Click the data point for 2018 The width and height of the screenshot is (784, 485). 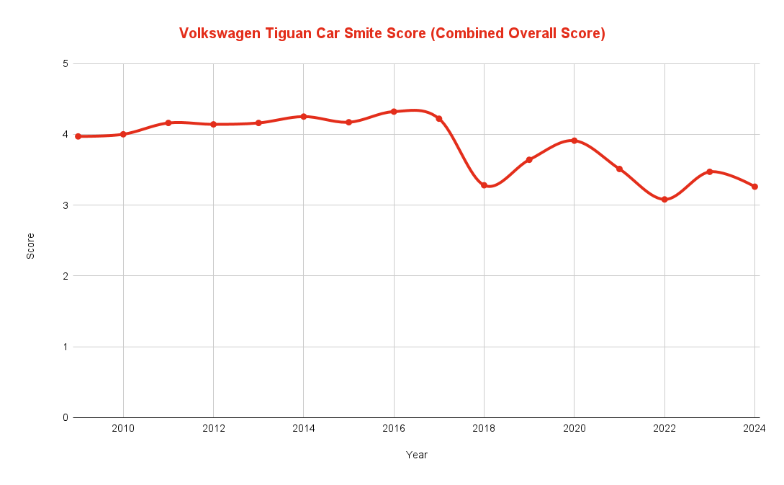coord(485,185)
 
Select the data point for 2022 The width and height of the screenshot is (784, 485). coord(664,200)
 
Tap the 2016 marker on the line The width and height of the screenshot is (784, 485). coord(394,112)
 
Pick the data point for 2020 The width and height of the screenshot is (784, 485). coord(575,141)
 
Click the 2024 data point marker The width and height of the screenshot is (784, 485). coord(754,187)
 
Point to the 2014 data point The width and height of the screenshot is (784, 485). coord(304,117)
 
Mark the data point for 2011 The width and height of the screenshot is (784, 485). coord(168,123)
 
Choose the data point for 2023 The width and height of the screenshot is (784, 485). coord(709,172)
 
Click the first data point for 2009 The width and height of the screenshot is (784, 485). coord(78,136)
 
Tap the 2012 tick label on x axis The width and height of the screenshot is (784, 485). coord(214,429)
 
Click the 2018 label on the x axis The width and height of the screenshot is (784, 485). coord(485,429)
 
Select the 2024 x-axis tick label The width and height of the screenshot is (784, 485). coord(754,429)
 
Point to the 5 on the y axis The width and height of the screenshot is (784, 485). coord(65,63)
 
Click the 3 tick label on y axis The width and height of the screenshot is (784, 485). coord(65,205)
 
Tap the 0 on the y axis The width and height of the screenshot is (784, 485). coord(65,417)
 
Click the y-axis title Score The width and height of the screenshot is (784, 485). coord(30,246)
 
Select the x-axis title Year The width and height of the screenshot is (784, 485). coord(416,455)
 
